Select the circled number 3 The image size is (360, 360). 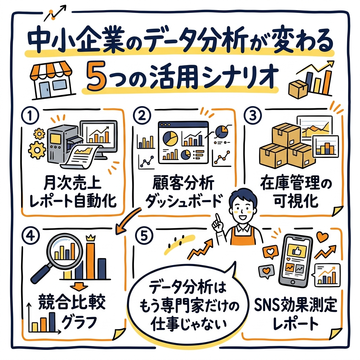click(253, 116)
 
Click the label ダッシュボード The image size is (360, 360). click(185, 202)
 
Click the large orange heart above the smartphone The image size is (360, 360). click(322, 237)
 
